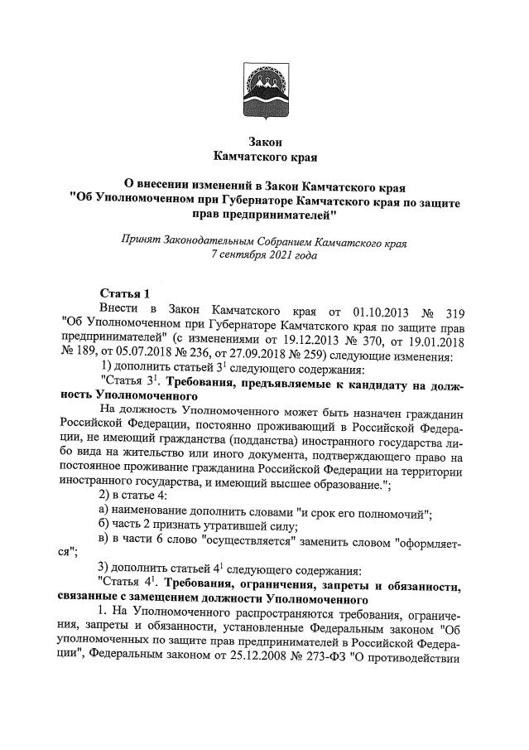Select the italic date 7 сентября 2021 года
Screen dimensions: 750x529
click(x=264, y=256)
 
